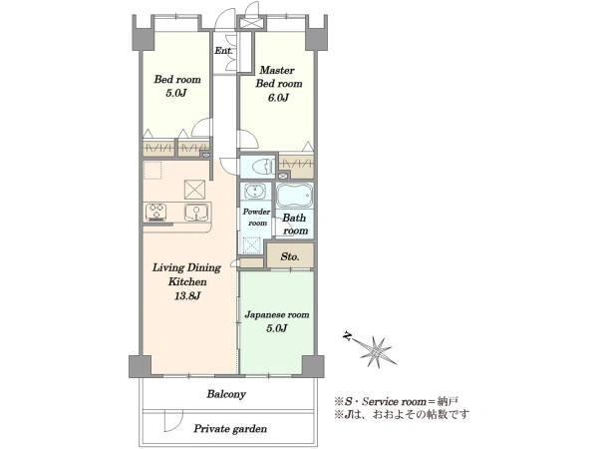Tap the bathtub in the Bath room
[x=294, y=195]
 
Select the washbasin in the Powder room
[x=253, y=191]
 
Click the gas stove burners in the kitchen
[x=156, y=212]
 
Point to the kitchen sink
[x=196, y=213]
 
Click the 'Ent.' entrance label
[x=223, y=51]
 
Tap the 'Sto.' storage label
[x=290, y=256]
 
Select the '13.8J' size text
[x=187, y=295]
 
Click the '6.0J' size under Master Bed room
[x=278, y=98]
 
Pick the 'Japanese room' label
[x=277, y=314]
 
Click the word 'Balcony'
[x=226, y=394]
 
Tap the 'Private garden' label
[x=230, y=429]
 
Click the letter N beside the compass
[x=348, y=336]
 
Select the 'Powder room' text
[x=257, y=217]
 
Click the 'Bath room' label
[x=295, y=224]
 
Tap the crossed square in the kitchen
[x=194, y=190]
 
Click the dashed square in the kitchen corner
[x=152, y=171]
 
